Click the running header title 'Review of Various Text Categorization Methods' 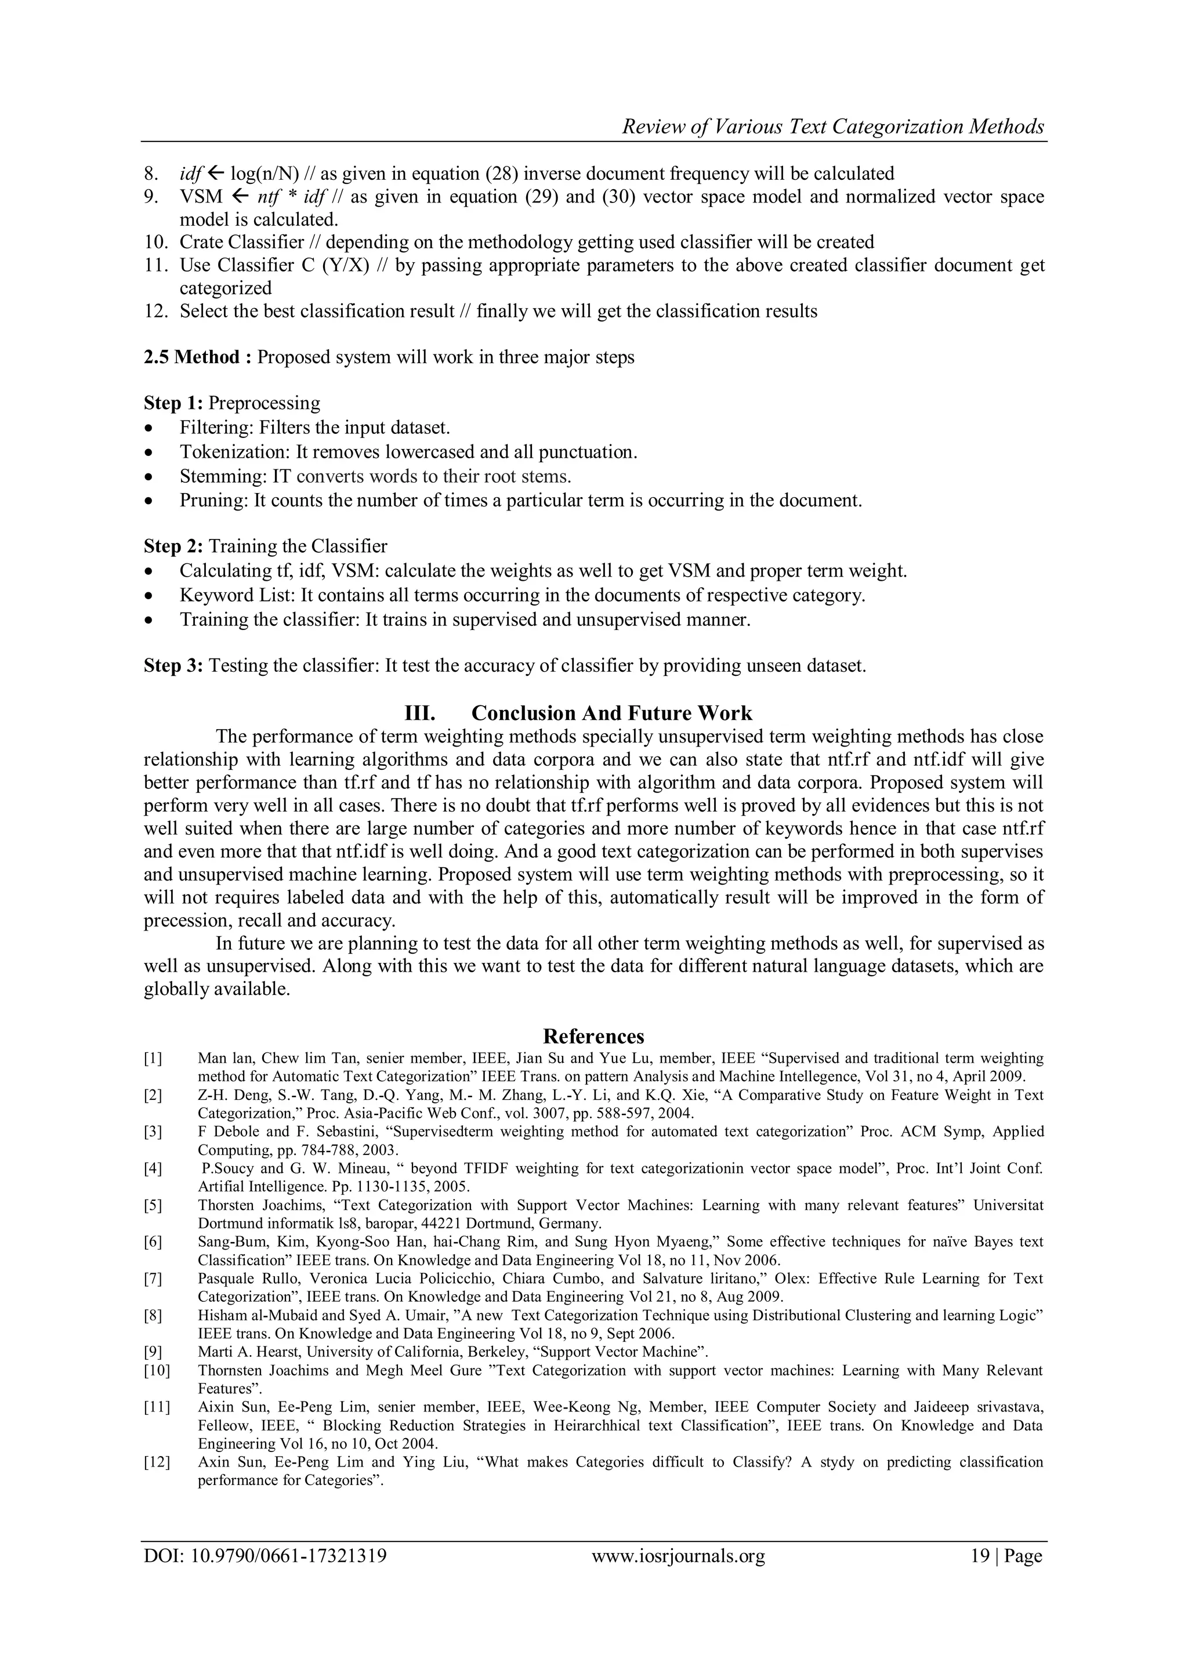[x=832, y=127]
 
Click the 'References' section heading [x=593, y=1036]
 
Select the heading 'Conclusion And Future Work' [x=611, y=713]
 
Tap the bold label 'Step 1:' [x=173, y=403]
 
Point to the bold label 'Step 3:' [x=173, y=666]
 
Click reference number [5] [x=153, y=1205]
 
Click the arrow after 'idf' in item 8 [x=216, y=174]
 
